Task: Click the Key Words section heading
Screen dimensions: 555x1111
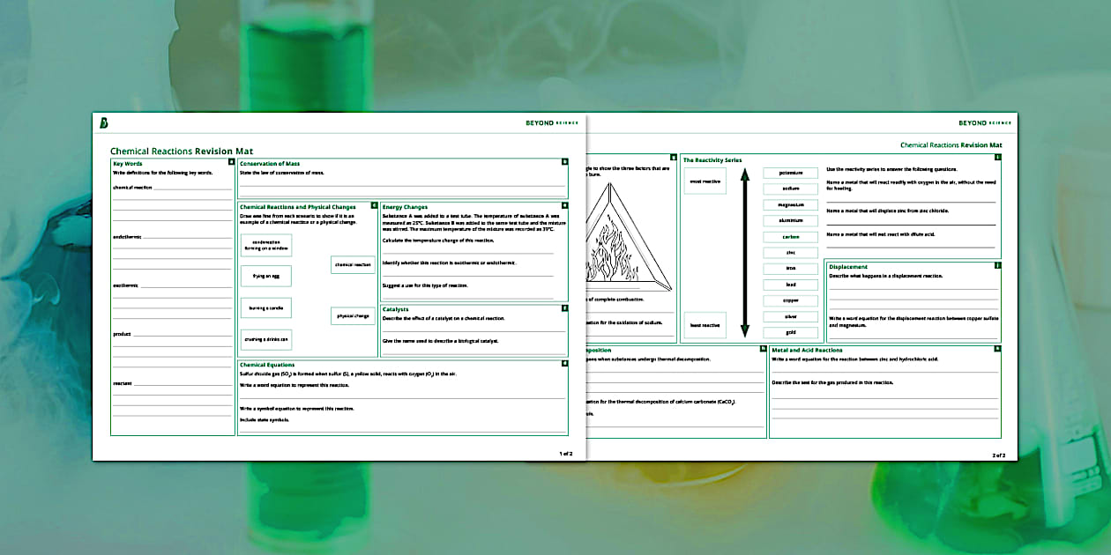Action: pos(128,164)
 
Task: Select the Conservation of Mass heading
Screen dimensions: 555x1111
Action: pos(270,164)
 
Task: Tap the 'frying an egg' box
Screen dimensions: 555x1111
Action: pos(265,276)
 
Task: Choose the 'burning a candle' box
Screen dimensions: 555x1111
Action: pos(265,307)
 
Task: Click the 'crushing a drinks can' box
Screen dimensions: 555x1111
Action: pos(265,339)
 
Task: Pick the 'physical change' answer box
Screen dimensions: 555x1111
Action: pos(353,315)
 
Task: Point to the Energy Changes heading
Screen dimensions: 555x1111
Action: pos(405,207)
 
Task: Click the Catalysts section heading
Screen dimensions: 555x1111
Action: pos(396,309)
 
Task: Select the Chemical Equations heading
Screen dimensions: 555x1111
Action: pos(267,365)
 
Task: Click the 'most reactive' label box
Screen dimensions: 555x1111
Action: pos(705,181)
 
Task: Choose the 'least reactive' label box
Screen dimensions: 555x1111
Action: pos(705,325)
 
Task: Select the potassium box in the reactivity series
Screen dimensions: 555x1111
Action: pos(791,174)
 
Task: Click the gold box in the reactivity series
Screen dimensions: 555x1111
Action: pos(791,333)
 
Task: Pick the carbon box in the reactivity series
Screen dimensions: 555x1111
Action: pos(791,237)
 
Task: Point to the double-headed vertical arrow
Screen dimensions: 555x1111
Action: pos(744,254)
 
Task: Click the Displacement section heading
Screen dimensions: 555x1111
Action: pos(848,267)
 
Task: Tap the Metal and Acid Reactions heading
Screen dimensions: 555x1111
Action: pos(807,350)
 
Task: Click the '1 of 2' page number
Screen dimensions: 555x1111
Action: pos(565,454)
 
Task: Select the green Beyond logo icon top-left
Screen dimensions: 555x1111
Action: pos(104,122)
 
